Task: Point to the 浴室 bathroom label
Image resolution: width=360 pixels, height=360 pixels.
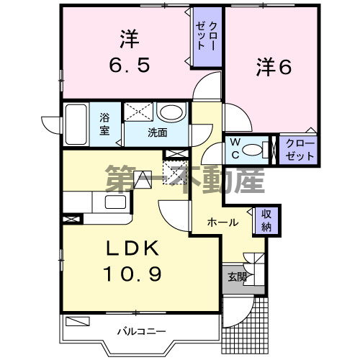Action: tap(105, 124)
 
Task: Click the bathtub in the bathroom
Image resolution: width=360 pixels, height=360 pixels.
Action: tap(76, 125)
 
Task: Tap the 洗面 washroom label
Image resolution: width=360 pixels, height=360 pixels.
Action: tap(157, 133)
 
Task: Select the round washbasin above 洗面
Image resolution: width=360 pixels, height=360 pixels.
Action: tap(171, 113)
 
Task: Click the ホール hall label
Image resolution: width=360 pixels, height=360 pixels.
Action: tap(223, 222)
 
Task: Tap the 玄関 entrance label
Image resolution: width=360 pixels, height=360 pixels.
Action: tap(237, 277)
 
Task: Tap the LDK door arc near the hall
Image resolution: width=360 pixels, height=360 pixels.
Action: tap(173, 212)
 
